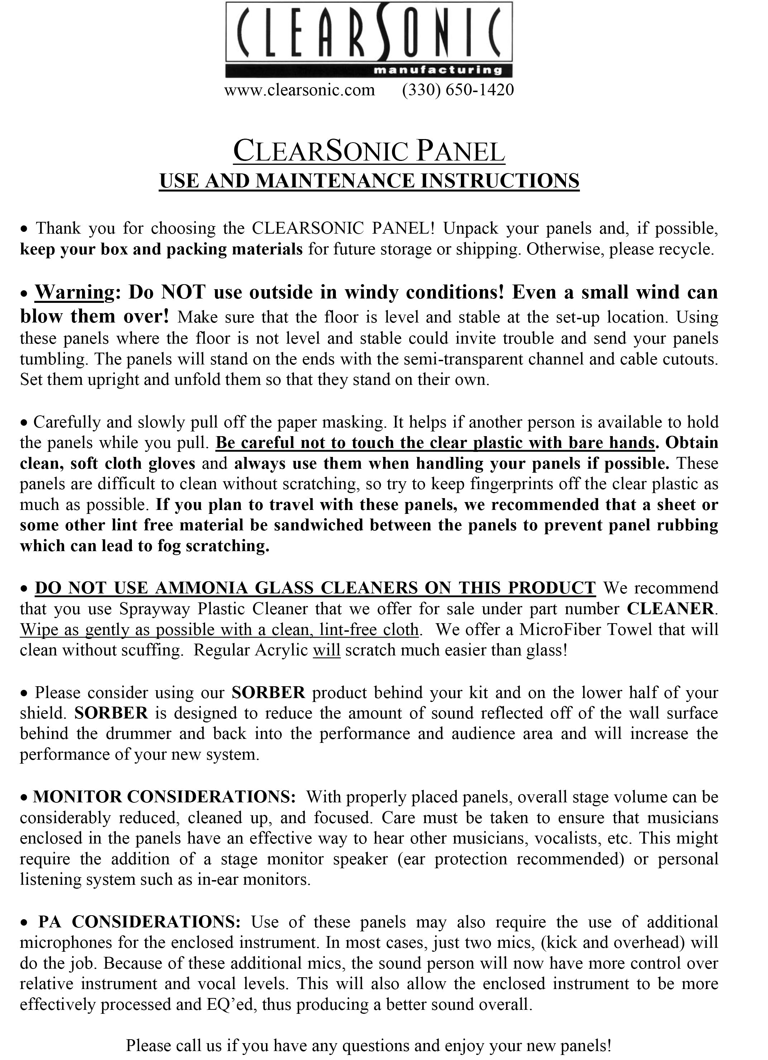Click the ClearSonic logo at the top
click(x=369, y=39)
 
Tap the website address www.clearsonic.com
click(x=300, y=89)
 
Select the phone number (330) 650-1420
click(x=458, y=89)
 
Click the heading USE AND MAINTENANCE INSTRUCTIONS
click(x=369, y=181)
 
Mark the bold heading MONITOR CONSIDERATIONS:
click(x=164, y=796)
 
